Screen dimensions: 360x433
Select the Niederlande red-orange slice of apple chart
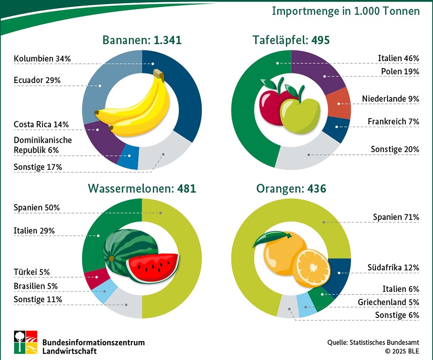tap(341, 103)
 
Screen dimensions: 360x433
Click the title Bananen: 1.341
tap(142, 40)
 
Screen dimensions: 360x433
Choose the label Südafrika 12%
tap(393, 268)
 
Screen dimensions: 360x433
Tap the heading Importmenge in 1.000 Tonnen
tap(346, 11)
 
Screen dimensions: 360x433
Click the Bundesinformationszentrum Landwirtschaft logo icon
tap(25, 342)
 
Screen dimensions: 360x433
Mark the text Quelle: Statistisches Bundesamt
tap(373, 342)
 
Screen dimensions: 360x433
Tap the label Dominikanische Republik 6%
tap(42, 145)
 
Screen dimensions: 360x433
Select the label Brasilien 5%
tap(36, 286)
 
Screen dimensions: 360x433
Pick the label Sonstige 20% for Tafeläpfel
tap(395, 149)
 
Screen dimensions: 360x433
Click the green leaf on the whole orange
tap(267, 239)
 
